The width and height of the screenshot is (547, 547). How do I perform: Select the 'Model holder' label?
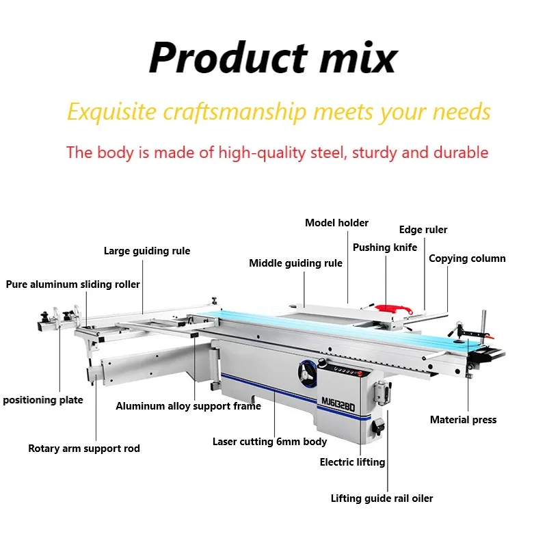click(x=336, y=223)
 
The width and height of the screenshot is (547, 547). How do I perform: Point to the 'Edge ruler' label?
click(x=423, y=230)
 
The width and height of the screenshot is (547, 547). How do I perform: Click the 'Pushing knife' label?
click(x=385, y=248)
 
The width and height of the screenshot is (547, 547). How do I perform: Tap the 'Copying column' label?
click(x=467, y=258)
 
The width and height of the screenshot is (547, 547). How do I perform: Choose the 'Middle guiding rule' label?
click(x=295, y=263)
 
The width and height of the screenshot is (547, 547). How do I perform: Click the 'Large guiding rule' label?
click(x=147, y=251)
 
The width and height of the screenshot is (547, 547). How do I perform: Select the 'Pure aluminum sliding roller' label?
click(x=73, y=284)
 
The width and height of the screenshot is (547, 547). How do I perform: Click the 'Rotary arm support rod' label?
click(x=84, y=449)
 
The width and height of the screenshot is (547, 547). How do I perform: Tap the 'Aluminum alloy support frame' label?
click(x=188, y=406)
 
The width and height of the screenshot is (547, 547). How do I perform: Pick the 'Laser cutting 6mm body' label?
click(x=269, y=442)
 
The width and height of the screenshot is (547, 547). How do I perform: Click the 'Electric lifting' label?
click(x=352, y=462)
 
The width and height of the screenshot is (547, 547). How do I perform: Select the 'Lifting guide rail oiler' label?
click(x=382, y=498)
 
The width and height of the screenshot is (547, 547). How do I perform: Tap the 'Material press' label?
click(x=463, y=420)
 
